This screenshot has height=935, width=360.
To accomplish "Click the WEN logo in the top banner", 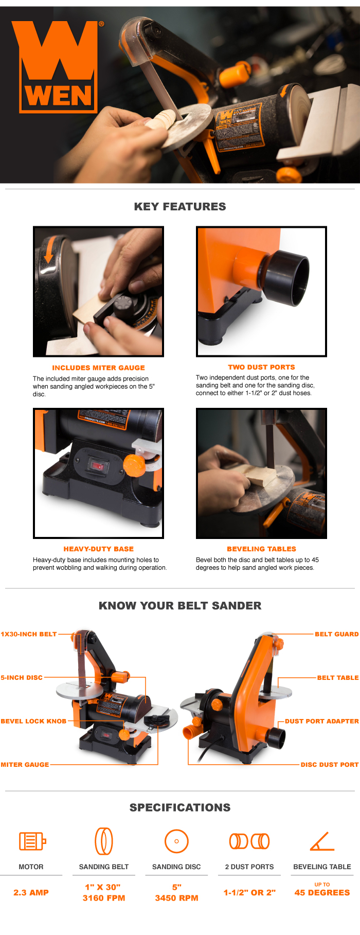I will (58, 67).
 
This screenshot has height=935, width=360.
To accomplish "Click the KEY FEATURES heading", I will (180, 207).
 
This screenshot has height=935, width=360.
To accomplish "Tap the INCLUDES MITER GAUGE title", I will (98, 368).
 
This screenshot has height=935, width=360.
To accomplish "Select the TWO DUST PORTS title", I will (261, 367).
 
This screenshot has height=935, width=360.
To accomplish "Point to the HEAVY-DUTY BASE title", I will (98, 549).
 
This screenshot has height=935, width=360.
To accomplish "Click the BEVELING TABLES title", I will (261, 549).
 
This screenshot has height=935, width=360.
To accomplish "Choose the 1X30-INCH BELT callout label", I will (29, 634).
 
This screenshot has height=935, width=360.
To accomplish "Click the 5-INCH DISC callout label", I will (22, 677).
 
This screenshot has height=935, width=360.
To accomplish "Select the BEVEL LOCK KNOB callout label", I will (33, 721).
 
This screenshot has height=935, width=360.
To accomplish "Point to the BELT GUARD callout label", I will (336, 634).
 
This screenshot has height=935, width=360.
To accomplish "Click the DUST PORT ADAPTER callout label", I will (321, 721).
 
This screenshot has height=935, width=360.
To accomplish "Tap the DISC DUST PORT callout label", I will (329, 765).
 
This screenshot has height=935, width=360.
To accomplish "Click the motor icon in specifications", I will (32, 841).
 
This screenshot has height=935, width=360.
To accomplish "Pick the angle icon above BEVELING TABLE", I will (322, 841).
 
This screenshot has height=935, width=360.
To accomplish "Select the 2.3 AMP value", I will (31, 892).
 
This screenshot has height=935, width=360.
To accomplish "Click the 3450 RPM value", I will (176, 898).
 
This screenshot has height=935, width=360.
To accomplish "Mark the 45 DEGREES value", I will (322, 892).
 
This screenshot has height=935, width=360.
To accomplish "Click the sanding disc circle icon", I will (176, 841).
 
